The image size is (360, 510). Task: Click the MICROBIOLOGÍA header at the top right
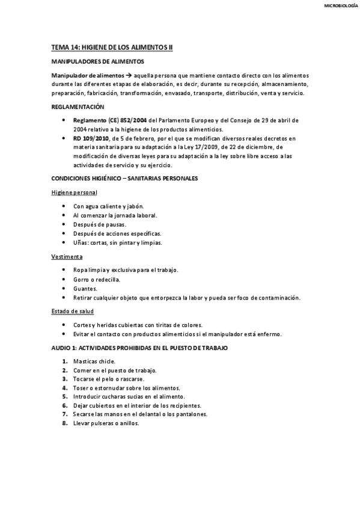pyautogui.click(x=336, y=7)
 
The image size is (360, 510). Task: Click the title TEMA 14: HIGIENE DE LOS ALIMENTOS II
pyautogui.click(x=112, y=46)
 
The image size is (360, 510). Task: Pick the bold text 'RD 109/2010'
pyautogui.click(x=89, y=138)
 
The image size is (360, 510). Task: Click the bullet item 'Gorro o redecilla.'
pyautogui.click(x=97, y=280)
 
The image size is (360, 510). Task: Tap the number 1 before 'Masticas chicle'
pyautogui.click(x=64, y=361)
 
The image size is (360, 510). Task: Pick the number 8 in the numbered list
pyautogui.click(x=64, y=423)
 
